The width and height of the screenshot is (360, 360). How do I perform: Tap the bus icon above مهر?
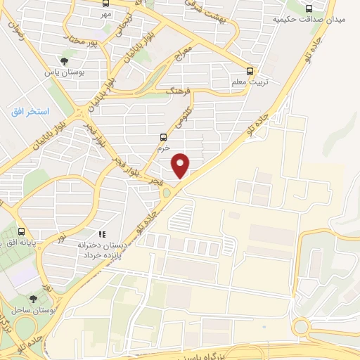(x=105, y=3)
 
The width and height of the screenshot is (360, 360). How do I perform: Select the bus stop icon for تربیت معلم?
(x=250, y=71)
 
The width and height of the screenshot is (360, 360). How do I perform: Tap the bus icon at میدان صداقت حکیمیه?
(x=309, y=8)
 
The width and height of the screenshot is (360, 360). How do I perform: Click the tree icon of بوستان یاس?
(x=65, y=61)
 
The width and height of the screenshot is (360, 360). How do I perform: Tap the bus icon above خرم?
(x=164, y=138)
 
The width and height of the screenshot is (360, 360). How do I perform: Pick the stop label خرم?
(x=164, y=148)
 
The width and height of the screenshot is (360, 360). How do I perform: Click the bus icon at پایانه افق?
(x=21, y=231)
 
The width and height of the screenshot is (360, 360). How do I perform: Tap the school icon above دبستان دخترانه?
(x=102, y=234)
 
